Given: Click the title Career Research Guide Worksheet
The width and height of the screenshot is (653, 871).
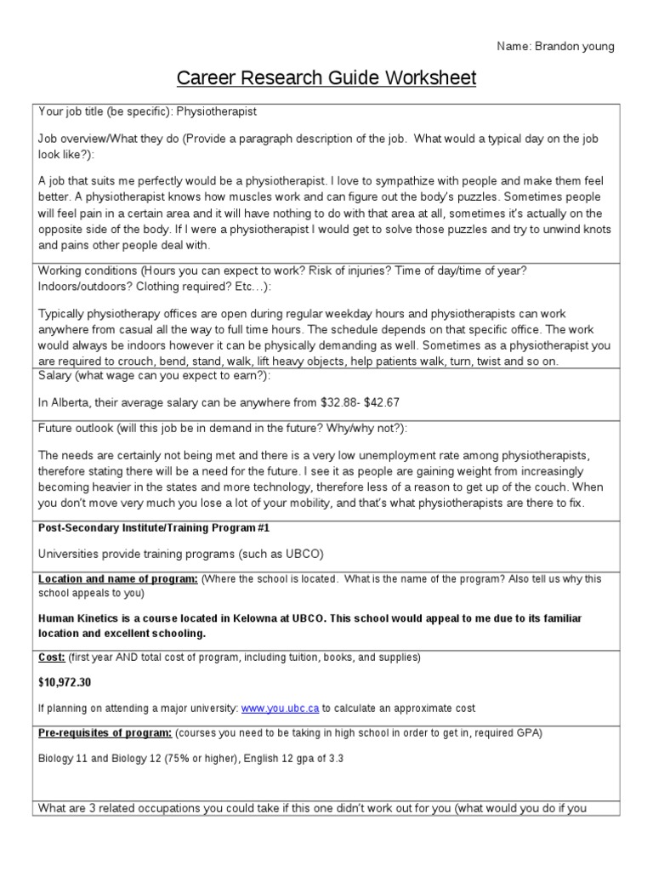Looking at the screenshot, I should (326, 79).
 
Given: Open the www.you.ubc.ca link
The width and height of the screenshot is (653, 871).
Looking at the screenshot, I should (280, 708).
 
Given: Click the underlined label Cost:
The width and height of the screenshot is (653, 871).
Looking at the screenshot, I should (52, 658).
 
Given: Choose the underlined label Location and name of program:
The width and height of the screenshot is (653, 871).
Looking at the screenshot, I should (118, 578).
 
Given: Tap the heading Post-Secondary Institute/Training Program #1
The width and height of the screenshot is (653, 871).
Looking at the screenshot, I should (161, 527).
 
